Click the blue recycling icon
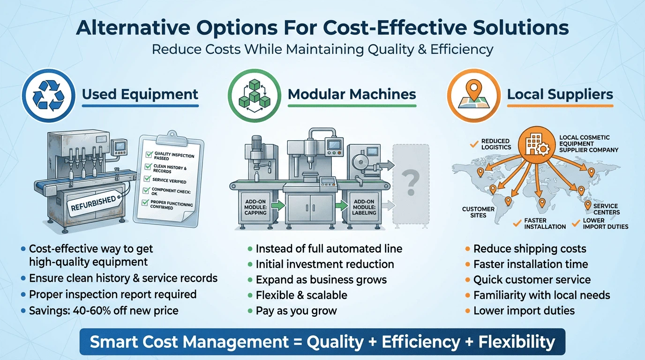[48, 95]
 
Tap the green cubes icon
[254, 96]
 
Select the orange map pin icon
[473, 95]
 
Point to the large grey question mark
[411, 183]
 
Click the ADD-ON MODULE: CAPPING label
[255, 207]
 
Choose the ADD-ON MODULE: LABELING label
[364, 207]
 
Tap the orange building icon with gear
[537, 144]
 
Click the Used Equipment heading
[140, 94]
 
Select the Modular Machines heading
[352, 94]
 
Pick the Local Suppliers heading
[560, 94]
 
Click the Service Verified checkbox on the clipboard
[148, 179]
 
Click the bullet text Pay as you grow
[296, 311]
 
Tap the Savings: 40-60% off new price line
[104, 311]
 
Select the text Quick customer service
[532, 280]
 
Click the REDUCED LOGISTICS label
[496, 144]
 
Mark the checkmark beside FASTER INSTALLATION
[517, 223]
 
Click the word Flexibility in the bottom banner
[517, 342]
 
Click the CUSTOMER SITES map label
[478, 212]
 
